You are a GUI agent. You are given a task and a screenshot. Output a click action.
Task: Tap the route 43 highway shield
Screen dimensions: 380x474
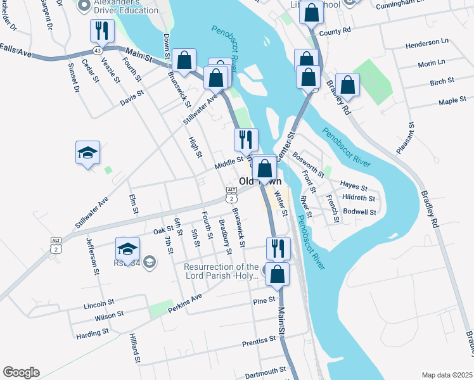click(x=97, y=50)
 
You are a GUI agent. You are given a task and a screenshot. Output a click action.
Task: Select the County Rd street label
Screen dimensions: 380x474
click(x=335, y=31)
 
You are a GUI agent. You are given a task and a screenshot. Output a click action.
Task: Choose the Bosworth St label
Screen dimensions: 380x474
click(x=309, y=164)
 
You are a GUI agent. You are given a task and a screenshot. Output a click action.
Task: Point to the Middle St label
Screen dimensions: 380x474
click(x=229, y=163)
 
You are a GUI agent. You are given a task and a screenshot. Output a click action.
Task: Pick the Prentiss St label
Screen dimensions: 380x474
click(x=260, y=342)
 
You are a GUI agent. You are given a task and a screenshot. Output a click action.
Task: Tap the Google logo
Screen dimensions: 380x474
click(x=21, y=372)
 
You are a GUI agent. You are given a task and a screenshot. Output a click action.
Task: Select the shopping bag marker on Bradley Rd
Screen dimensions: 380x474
click(x=347, y=84)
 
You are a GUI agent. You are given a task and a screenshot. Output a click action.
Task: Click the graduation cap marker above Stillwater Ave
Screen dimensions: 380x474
click(x=87, y=153)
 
